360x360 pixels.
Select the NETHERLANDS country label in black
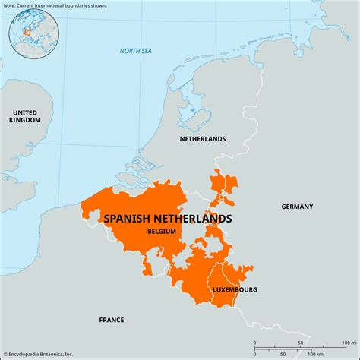202,139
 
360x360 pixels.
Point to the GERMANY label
297,207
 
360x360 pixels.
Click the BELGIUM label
162,231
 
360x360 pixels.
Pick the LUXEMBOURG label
234,289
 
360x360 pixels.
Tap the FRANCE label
112,320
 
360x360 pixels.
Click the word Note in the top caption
11,5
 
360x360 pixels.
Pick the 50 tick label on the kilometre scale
280,354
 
